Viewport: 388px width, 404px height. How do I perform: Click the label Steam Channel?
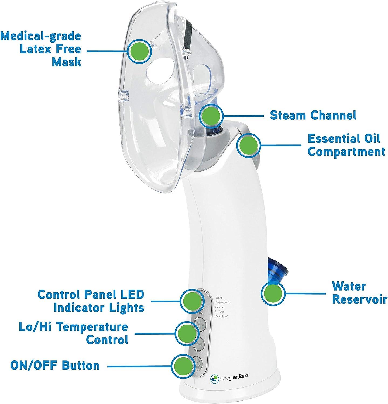313,115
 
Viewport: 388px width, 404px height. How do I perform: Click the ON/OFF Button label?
55,365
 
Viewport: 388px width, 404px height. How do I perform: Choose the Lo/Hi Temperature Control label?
73,333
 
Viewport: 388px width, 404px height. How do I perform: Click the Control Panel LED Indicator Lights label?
91,301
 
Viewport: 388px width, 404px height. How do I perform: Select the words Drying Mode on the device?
222,302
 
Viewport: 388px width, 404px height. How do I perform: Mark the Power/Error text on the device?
221,316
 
